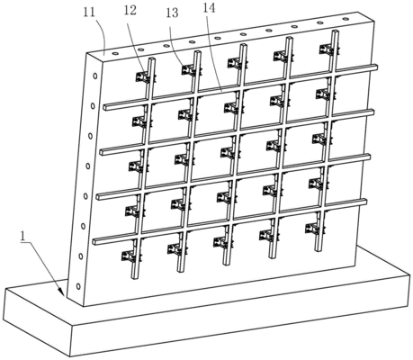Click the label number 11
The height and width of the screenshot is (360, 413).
(x=89, y=13)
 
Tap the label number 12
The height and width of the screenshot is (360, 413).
(x=130, y=10)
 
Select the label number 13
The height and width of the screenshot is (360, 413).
(x=172, y=13)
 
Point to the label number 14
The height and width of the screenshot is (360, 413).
(x=209, y=8)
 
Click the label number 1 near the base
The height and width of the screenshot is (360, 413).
(x=23, y=237)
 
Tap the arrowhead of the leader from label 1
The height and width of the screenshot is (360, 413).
(x=61, y=292)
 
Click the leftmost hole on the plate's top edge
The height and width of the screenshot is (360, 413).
(x=115, y=54)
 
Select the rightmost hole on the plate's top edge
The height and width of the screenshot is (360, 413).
(x=346, y=19)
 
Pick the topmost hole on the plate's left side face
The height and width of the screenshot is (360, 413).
(x=95, y=76)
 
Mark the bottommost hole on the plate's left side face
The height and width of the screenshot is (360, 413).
(x=78, y=286)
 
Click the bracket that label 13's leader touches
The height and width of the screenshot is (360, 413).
(x=190, y=70)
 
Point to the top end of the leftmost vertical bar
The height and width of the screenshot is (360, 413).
(x=153, y=59)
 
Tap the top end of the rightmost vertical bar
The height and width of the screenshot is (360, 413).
(x=336, y=31)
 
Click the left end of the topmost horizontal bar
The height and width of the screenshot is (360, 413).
(x=105, y=107)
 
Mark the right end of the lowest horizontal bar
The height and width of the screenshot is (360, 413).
(x=364, y=202)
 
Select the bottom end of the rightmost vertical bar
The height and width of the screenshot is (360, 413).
(x=318, y=248)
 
